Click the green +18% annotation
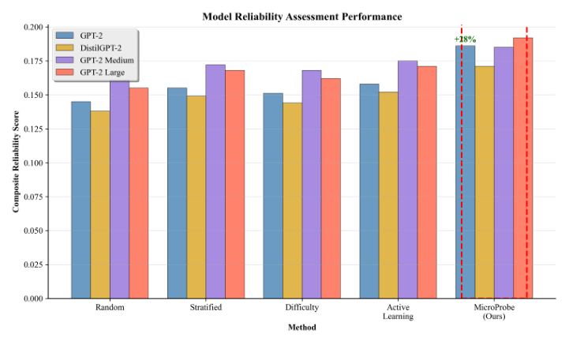[x=466, y=39]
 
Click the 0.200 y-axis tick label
[x=34, y=27]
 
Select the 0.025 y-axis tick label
[x=34, y=264]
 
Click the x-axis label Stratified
[x=205, y=307]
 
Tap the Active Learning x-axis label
[x=397, y=312]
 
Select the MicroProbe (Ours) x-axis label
[x=493, y=312]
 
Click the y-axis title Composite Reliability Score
[x=16, y=162]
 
